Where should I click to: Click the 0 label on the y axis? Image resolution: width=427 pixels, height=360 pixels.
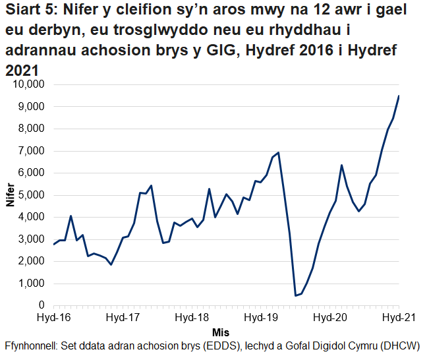40,306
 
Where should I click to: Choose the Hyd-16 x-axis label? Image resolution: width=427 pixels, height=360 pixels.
54,317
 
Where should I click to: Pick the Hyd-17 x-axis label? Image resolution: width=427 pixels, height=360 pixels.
123,317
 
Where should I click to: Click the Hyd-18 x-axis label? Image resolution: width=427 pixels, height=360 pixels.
192,317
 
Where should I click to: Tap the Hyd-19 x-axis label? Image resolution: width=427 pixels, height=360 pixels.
260,317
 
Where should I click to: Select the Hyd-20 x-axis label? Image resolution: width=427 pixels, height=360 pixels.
329,317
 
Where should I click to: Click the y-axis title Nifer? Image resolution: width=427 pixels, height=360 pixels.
10,195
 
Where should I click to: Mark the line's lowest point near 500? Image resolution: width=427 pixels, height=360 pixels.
296,295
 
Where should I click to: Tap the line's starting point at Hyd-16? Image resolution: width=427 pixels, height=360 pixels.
53,245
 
